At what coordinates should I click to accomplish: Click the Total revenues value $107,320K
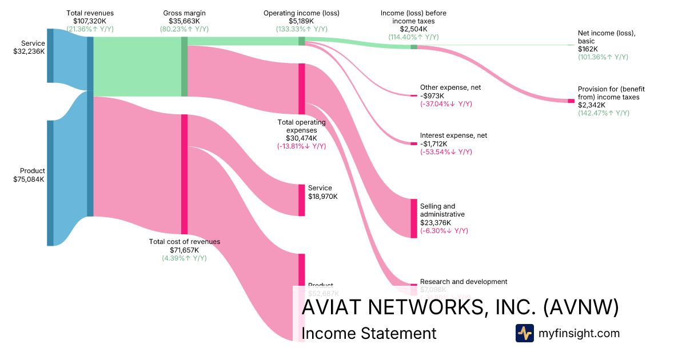tap(90, 21)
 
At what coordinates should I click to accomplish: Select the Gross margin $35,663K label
tap(184, 21)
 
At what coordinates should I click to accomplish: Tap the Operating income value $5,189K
tap(301, 21)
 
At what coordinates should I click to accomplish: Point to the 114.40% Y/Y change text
tap(413, 37)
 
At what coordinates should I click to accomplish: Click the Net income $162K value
tap(588, 49)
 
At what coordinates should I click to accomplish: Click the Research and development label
tap(464, 282)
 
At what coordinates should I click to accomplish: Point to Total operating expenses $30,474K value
tap(301, 138)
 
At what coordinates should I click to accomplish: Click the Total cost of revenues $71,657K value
tap(184, 250)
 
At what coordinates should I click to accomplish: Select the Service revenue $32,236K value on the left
tap(29, 51)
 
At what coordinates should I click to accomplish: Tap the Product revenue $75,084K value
tap(29, 179)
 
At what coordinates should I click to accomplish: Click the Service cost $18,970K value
tap(323, 196)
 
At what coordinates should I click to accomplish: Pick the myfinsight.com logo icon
tap(524, 333)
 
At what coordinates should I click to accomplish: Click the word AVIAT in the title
tap(330, 307)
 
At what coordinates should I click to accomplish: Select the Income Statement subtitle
tap(368, 333)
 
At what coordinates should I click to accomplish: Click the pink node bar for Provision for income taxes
tap(571, 101)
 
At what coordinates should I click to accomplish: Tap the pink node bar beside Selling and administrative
tap(414, 218)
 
